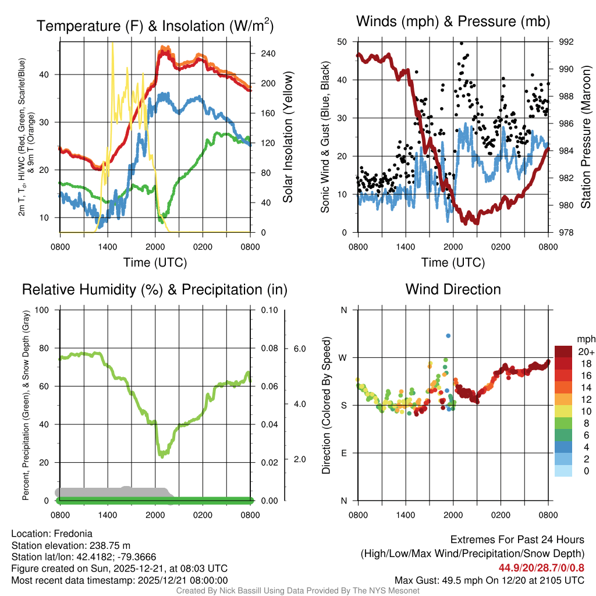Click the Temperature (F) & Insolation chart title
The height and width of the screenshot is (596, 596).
[155, 26]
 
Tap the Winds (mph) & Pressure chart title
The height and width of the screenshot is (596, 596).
[453, 22]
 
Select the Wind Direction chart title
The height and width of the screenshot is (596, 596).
[453, 289]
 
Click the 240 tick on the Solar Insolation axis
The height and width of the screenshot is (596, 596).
[268, 54]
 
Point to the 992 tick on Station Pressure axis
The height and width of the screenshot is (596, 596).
[567, 42]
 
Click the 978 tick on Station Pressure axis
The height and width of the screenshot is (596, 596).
[567, 232]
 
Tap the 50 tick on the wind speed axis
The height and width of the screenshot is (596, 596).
[342, 42]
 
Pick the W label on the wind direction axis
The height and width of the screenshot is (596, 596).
[343, 357]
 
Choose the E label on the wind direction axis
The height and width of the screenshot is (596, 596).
[343, 453]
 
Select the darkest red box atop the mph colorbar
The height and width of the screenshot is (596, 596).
[563, 352]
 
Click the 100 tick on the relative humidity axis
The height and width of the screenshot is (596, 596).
[41, 310]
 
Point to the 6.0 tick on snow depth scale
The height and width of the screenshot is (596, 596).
[299, 349]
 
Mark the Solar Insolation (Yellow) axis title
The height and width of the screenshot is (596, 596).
[288, 137]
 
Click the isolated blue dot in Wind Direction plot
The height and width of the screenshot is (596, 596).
[448, 335]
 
